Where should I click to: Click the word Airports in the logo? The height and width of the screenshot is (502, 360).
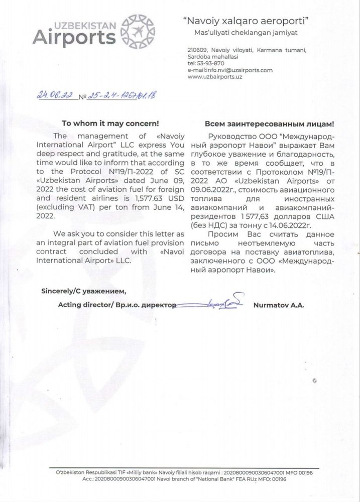tap(71, 38)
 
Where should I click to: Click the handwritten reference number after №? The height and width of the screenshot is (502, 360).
tap(121, 95)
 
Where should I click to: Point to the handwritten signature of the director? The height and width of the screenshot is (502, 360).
tap(221, 302)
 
